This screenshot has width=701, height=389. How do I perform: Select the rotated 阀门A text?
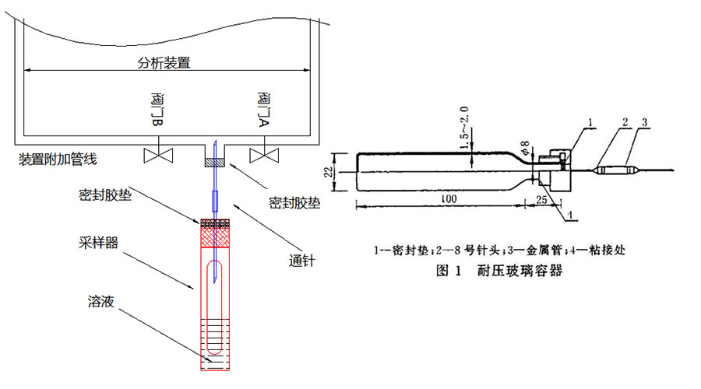click(x=263, y=109)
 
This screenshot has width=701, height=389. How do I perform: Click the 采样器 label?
click(x=101, y=243)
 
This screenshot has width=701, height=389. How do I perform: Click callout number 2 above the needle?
click(x=625, y=121)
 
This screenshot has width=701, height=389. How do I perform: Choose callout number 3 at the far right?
click(x=646, y=121)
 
